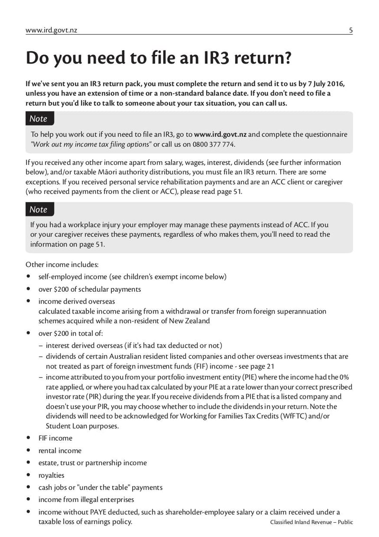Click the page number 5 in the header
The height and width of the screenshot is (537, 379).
pyautogui.click(x=351, y=30)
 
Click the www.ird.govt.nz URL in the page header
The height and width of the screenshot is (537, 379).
pyautogui.click(x=51, y=30)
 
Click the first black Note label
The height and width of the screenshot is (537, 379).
pyautogui.click(x=39, y=118)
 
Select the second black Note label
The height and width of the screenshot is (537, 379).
pyautogui.click(x=39, y=209)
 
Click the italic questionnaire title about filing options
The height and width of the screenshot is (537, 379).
pyautogui.click(x=91, y=144)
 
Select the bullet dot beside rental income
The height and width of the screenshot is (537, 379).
pyautogui.click(x=28, y=450)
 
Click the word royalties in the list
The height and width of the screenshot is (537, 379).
pyautogui.click(x=51, y=475)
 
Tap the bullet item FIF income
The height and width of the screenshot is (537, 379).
pyautogui.click(x=55, y=438)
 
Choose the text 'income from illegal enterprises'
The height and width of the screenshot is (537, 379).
pyautogui.click(x=86, y=500)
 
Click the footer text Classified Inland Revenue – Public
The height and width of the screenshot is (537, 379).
pyautogui.click(x=311, y=522)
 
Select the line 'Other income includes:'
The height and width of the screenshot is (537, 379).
pyautogui.click(x=62, y=264)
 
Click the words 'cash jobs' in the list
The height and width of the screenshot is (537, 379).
pyautogui.click(x=53, y=487)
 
